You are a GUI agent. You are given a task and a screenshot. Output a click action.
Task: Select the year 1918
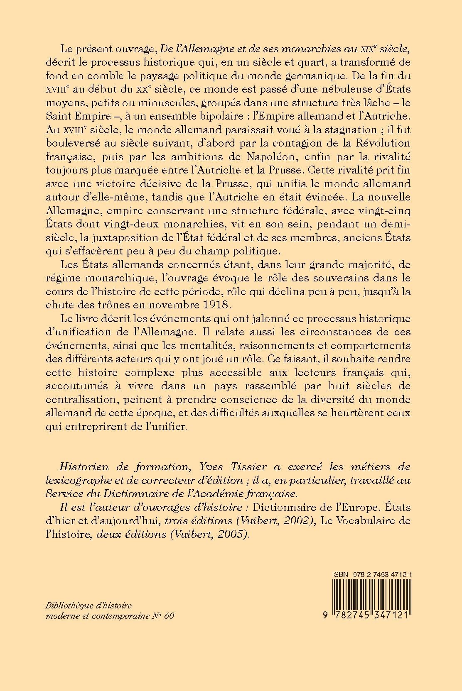[214, 305]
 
